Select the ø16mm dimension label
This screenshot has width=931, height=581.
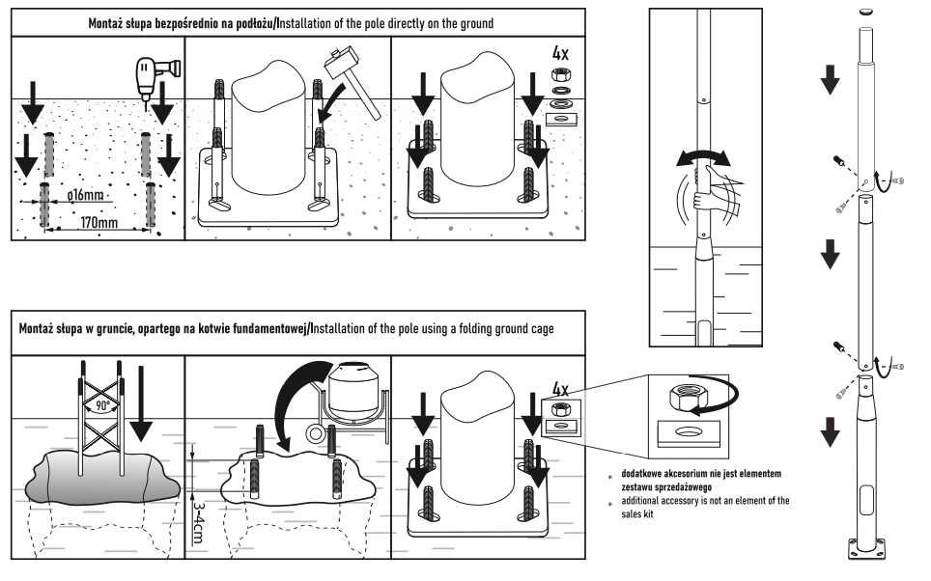(x=86, y=196)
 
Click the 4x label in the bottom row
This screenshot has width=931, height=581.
(x=559, y=388)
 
